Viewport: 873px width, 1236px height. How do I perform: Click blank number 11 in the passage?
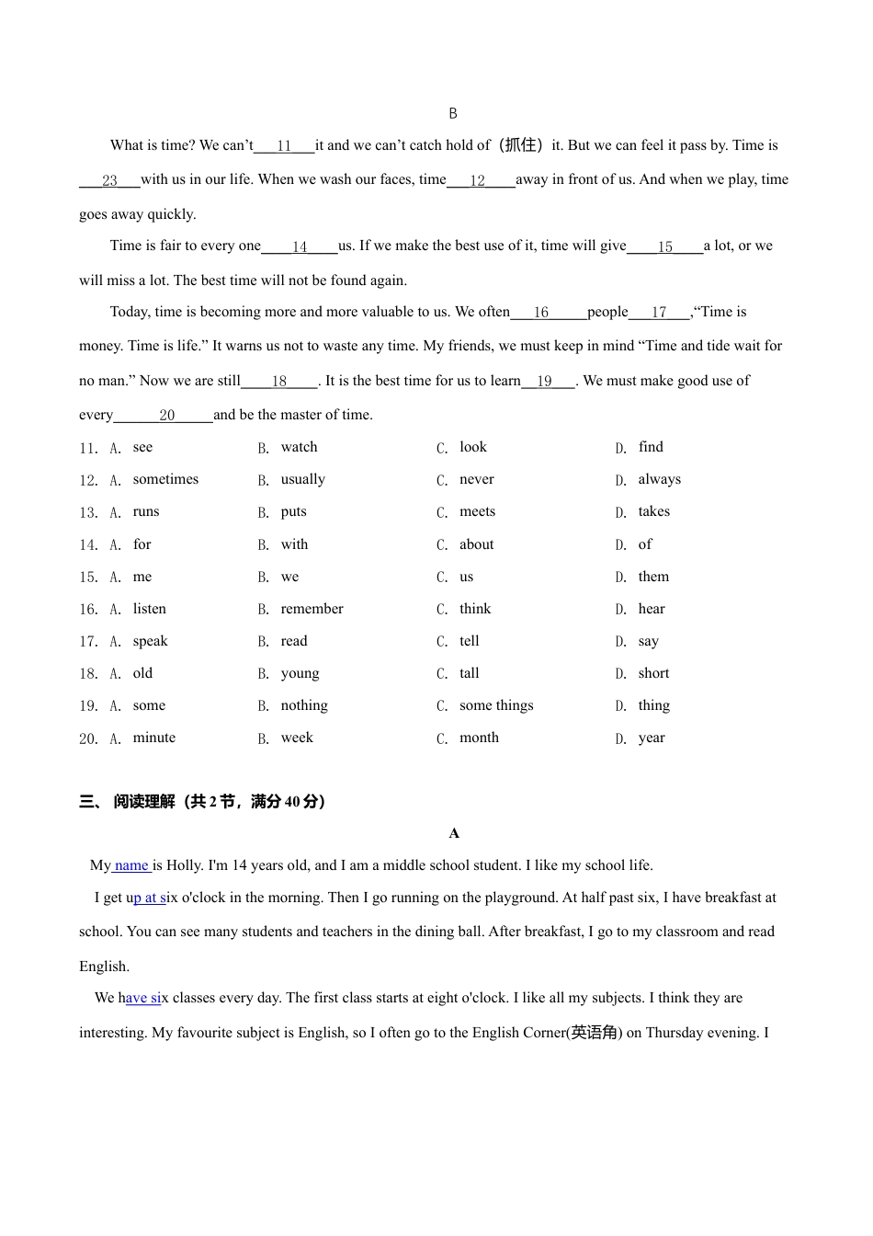[284, 145]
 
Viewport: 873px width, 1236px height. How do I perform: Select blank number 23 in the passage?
[109, 180]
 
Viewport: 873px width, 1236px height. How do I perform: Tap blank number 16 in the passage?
[541, 313]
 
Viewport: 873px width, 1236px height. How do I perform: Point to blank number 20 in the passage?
[166, 415]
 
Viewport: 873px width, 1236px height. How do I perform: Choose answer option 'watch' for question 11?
[299, 447]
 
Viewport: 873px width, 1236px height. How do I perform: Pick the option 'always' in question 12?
[659, 479]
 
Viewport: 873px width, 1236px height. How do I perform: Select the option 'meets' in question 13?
[477, 511]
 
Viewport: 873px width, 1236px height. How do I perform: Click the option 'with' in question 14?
[294, 544]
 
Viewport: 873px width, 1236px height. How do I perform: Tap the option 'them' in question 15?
[653, 577]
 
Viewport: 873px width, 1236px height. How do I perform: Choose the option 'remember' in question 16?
[312, 609]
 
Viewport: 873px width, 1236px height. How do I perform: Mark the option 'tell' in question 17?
[469, 641]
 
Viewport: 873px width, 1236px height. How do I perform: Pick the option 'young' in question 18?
[300, 673]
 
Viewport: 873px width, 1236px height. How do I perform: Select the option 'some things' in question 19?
[496, 705]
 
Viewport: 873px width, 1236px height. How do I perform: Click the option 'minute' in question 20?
[153, 738]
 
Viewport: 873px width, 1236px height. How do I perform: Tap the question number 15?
[88, 578]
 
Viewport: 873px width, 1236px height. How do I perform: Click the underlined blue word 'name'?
[131, 865]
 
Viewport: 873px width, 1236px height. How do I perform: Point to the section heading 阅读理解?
[144, 802]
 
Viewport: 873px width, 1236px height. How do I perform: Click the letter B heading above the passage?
[453, 113]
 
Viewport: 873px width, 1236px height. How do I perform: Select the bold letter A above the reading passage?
[454, 833]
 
